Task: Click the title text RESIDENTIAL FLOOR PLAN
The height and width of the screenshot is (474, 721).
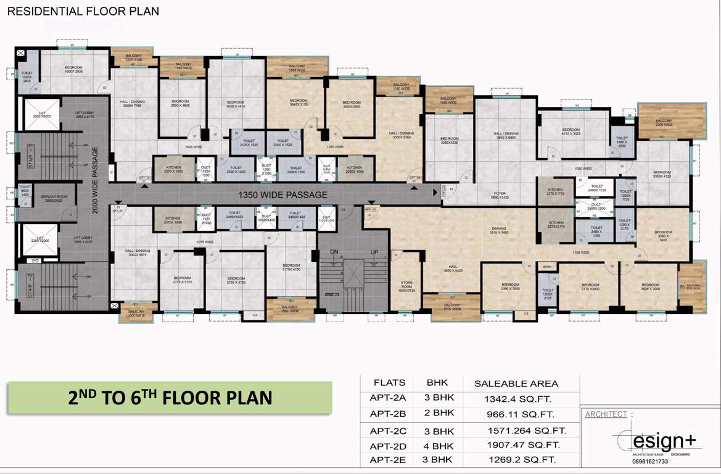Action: click(83, 11)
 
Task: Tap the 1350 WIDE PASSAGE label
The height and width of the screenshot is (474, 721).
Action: click(283, 195)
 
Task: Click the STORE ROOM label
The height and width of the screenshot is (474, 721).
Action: click(406, 286)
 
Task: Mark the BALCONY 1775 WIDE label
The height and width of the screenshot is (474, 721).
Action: click(452, 307)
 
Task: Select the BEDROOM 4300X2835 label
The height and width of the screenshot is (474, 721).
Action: click(73, 70)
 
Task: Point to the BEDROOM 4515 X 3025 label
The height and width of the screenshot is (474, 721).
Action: click(571, 131)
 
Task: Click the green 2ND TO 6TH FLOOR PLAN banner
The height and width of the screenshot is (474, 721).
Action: click(170, 397)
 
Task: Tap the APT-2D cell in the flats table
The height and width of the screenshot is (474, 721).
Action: click(387, 446)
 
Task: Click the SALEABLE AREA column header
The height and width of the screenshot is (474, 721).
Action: click(516, 383)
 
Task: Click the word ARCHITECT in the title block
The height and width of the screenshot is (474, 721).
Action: click(606, 414)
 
